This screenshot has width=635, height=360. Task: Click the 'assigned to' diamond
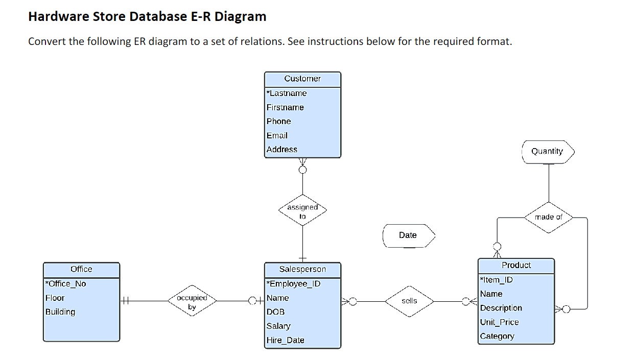point(302,210)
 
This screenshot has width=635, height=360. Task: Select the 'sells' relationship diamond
point(409,301)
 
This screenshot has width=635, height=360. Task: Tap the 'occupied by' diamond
point(192,301)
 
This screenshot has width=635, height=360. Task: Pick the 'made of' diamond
point(548,217)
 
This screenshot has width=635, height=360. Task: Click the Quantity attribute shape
point(548,152)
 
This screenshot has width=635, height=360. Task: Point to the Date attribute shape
point(408,235)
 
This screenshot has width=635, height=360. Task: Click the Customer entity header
point(302,79)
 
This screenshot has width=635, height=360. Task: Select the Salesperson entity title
point(302,269)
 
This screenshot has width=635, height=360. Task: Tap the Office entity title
point(81,269)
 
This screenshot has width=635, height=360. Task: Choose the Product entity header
point(516,265)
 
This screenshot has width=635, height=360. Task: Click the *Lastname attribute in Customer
point(287,93)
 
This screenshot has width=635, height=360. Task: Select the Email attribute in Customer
point(277,135)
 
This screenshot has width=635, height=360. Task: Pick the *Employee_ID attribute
point(293,284)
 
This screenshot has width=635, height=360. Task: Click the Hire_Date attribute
point(285,340)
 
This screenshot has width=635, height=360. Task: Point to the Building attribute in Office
point(60,312)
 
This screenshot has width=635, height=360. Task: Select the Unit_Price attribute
point(499,322)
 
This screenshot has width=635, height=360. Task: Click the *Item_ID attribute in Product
point(496,280)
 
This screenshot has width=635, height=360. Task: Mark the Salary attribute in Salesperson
point(278,326)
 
